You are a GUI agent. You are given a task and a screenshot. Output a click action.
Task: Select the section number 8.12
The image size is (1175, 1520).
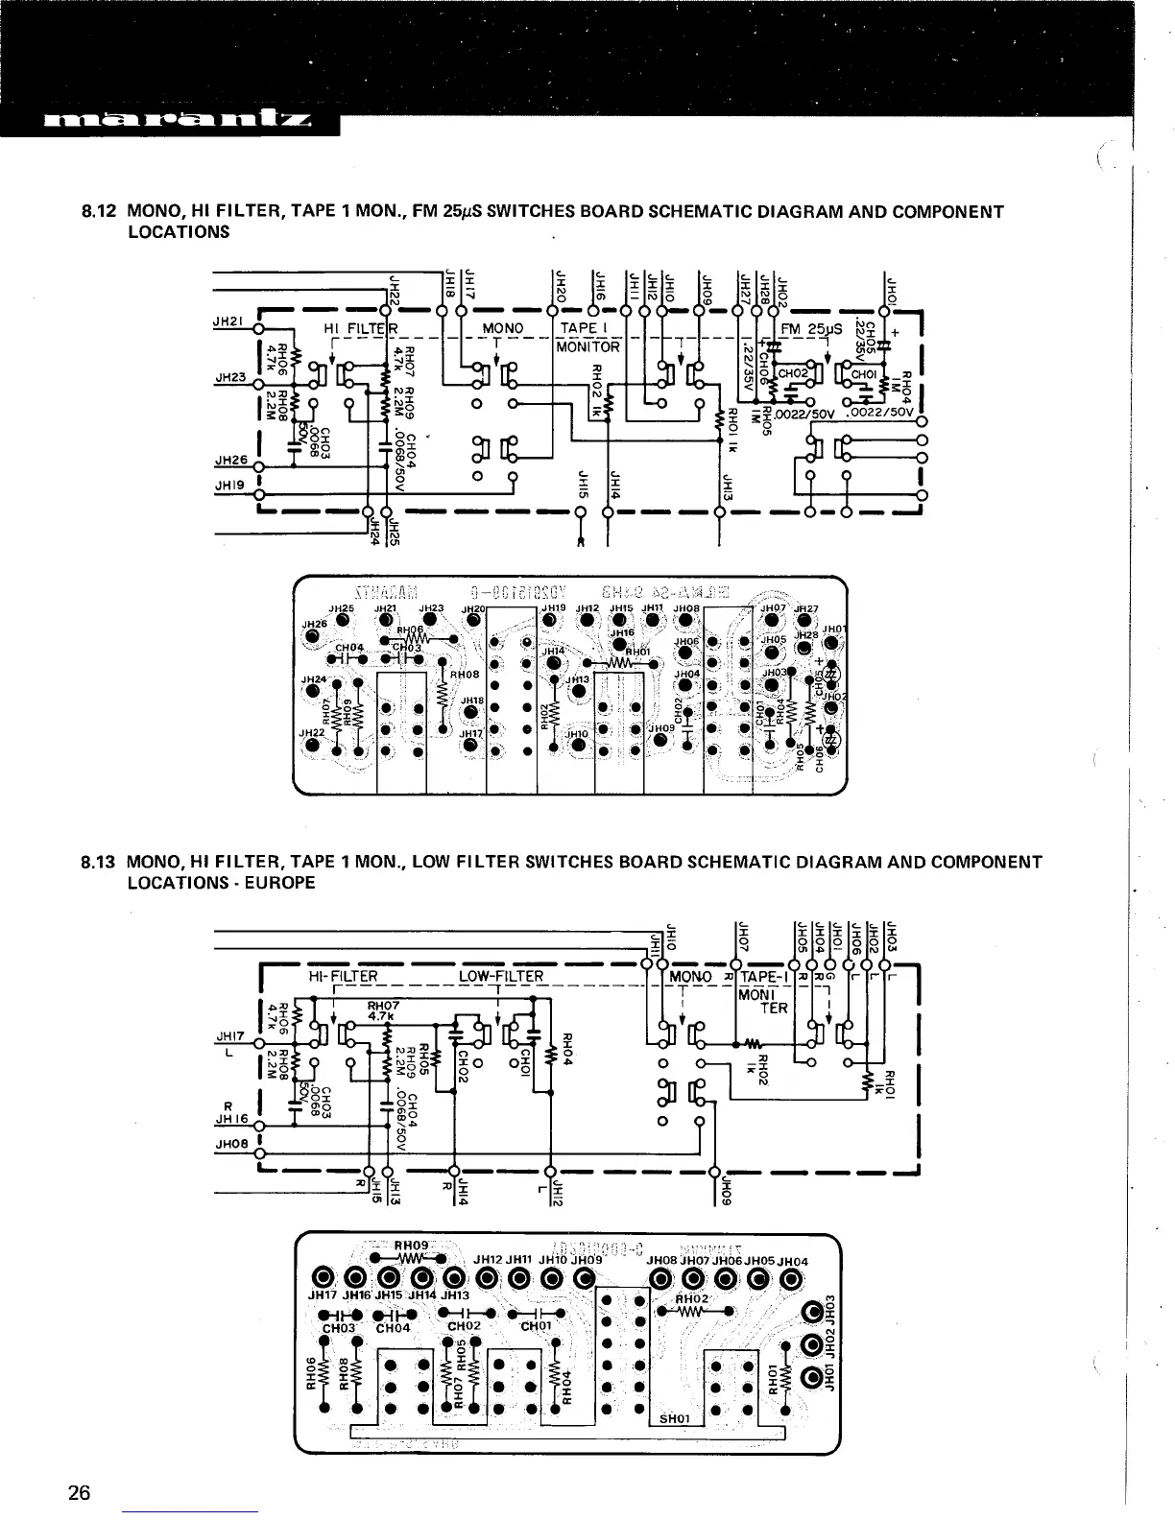coord(99,211)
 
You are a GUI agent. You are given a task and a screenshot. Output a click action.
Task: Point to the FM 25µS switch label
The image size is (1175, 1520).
coord(811,329)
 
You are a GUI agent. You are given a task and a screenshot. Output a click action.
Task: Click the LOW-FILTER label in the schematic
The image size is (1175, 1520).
coord(500,977)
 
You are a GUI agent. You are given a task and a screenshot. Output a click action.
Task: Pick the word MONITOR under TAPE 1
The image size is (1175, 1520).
coord(587,346)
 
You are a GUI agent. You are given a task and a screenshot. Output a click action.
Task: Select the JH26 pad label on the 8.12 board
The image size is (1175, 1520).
coord(315,623)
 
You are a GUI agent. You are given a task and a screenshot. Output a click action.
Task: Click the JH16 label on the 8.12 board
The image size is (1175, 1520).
coord(622,632)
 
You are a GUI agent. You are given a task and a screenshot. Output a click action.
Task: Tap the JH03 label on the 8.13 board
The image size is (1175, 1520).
coord(833,1309)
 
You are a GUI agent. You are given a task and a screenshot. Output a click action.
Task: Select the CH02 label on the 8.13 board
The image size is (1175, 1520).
coord(464,1328)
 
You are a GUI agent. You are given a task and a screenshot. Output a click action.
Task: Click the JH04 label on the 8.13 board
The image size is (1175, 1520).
coord(793,1261)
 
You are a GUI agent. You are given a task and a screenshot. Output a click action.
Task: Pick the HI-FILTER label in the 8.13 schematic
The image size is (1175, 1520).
coord(343,977)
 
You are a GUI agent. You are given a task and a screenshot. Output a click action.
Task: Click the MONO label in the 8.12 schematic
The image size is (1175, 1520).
coord(502,328)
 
